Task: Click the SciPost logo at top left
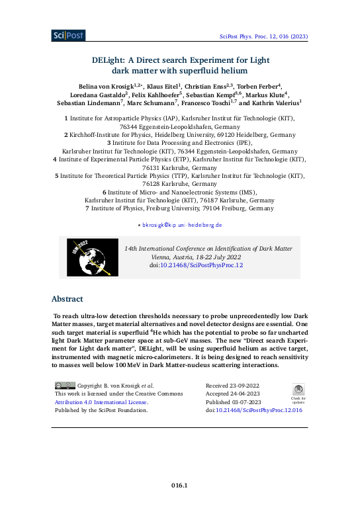(x=66, y=35)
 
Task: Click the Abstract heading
(x=69, y=298)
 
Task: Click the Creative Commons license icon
(x=65, y=384)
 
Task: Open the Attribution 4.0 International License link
(x=101, y=402)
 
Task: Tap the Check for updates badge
(x=298, y=393)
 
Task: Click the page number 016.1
(x=180, y=486)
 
